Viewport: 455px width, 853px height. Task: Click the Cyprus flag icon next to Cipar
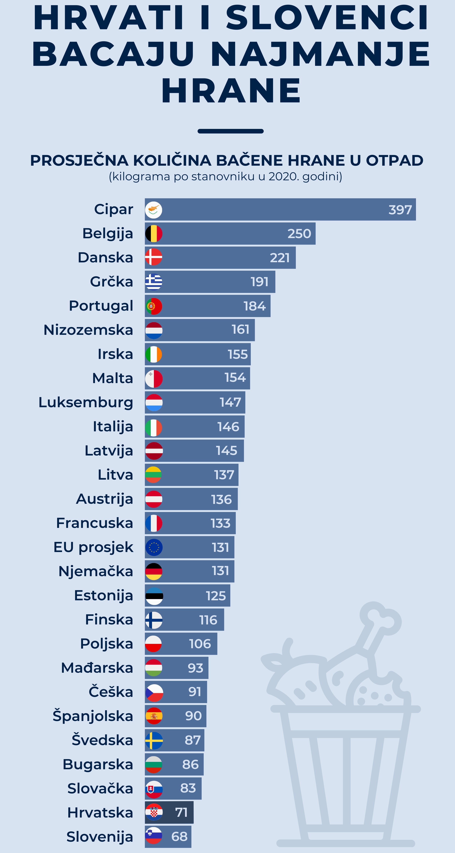pyautogui.click(x=153, y=210)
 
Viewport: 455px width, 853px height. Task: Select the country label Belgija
pyautogui.click(x=108, y=234)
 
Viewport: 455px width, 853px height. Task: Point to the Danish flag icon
pyautogui.click(x=153, y=257)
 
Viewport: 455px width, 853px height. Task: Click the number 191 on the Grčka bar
pyautogui.click(x=259, y=282)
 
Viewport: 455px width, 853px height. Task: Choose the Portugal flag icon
pyautogui.click(x=153, y=306)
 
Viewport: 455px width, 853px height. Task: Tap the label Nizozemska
pyautogui.click(x=88, y=330)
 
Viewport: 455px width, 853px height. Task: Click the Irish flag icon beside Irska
pyautogui.click(x=153, y=354)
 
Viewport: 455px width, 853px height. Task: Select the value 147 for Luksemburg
pyautogui.click(x=230, y=402)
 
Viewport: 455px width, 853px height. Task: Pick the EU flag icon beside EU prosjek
pyautogui.click(x=153, y=547)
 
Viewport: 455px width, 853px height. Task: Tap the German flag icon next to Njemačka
pyautogui.click(x=153, y=571)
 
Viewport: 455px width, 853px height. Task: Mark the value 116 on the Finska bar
pyautogui.click(x=208, y=620)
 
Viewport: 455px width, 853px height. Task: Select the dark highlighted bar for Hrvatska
pyautogui.click(x=169, y=812)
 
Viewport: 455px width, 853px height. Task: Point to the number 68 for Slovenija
pyautogui.click(x=179, y=837)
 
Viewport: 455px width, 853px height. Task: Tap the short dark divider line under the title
pyautogui.click(x=230, y=131)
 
